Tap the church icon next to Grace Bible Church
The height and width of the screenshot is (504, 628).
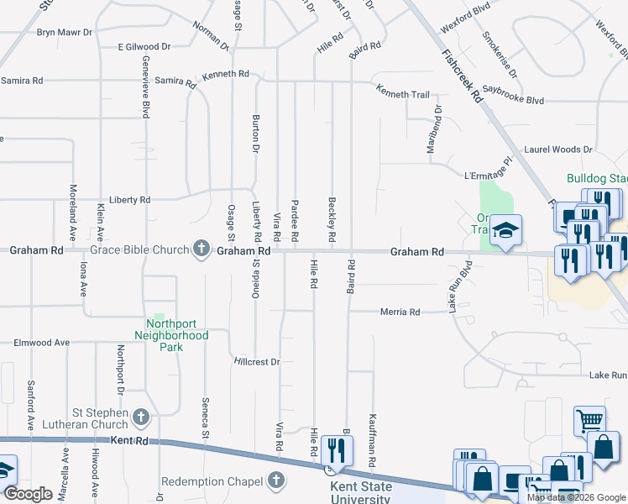[201, 248]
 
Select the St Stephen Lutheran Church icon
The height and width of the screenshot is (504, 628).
[140, 417]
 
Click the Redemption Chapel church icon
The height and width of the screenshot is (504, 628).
[276, 480]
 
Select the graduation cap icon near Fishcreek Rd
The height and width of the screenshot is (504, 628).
[505, 231]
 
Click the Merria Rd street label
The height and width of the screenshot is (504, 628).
[400, 312]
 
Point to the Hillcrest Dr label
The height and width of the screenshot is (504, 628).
[256, 361]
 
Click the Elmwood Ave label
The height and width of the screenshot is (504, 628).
[42, 343]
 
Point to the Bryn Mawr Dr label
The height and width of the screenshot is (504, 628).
[64, 33]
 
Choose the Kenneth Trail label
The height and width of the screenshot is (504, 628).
[402, 94]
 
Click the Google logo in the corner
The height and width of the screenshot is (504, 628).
[28, 494]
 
